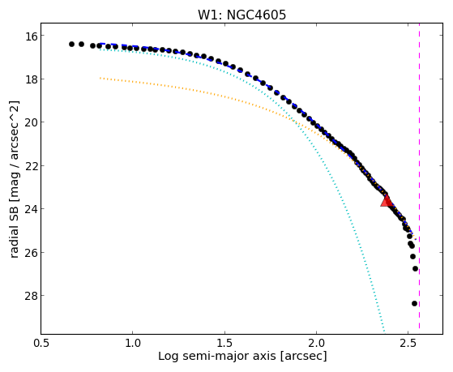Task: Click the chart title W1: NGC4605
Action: coord(241,15)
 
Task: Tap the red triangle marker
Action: coord(387,201)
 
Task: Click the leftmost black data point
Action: coord(71,45)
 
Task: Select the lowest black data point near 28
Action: coord(414,303)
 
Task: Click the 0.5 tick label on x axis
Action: coord(41,343)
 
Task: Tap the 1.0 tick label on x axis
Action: coord(133,343)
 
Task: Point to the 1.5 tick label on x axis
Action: coord(224,343)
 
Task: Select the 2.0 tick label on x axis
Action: coord(316,343)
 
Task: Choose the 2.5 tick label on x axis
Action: coord(408,343)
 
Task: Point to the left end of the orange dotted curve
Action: coord(100,78)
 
